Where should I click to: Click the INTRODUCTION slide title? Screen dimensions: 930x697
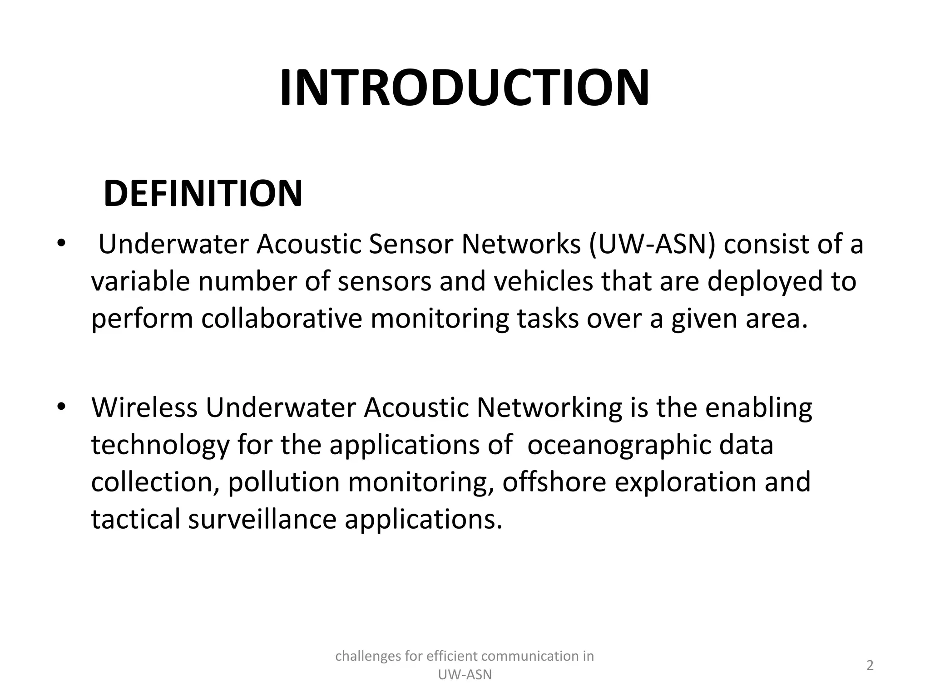pos(464,88)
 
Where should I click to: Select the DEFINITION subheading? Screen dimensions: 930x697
pos(203,194)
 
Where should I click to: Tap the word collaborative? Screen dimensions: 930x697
pos(282,319)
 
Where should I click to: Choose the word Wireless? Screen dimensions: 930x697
pos(144,407)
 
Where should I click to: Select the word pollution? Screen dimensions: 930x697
pos(283,482)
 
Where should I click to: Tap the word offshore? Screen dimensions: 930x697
pos(554,482)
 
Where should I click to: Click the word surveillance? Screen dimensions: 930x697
pos(262,519)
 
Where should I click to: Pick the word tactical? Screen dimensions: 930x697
pos(136,519)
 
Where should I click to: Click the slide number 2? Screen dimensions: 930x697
pos(870,666)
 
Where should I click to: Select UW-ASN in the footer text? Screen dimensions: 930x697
pos(464,675)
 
